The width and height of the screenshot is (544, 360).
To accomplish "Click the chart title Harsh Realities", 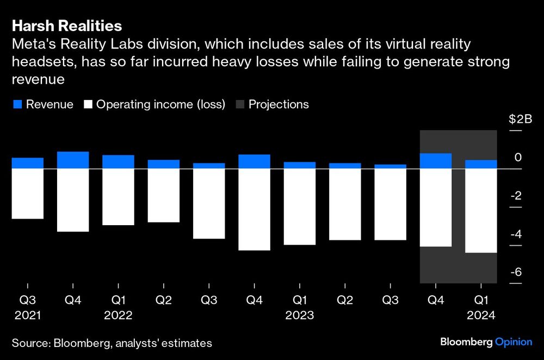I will (67, 26).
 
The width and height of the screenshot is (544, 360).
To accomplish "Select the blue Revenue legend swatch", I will (17, 104).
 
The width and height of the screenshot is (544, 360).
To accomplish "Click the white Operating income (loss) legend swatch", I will (88, 104).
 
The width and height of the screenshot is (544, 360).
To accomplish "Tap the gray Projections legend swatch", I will (240, 104).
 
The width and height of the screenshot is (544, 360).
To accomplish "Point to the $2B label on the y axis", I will (520, 120).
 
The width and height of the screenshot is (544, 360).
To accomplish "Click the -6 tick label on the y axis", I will (515, 272).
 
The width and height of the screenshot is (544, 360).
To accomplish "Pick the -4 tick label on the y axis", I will (515, 234).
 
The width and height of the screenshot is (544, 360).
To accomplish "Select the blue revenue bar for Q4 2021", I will (73, 160).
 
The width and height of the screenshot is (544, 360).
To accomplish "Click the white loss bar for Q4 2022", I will (254, 209).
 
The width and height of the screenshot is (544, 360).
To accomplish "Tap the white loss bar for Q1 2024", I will (481, 210).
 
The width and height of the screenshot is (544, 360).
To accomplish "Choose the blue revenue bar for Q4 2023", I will (436, 161).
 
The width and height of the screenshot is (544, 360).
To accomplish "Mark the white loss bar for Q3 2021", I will (27, 194).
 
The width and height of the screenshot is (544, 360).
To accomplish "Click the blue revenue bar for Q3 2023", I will (390, 166).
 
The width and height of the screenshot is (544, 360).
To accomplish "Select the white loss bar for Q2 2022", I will (164, 195).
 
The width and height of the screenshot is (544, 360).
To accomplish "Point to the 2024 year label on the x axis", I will (481, 315).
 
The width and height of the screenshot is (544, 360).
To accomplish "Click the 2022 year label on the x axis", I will (118, 315).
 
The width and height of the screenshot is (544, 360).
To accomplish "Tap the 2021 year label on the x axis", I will (27, 315).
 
